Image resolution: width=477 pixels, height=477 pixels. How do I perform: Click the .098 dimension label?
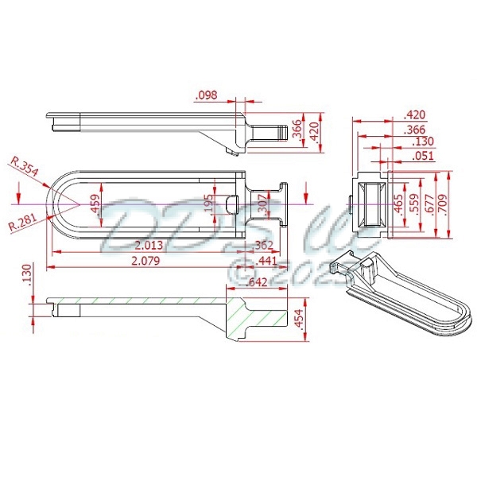(206, 95)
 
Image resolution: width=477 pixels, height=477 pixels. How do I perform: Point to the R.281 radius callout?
(23, 225)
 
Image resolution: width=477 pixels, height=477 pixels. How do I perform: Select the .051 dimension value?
(423, 156)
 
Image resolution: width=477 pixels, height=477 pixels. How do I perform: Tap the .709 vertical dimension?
(451, 204)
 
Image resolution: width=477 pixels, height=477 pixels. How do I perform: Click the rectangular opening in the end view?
(370, 205)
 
